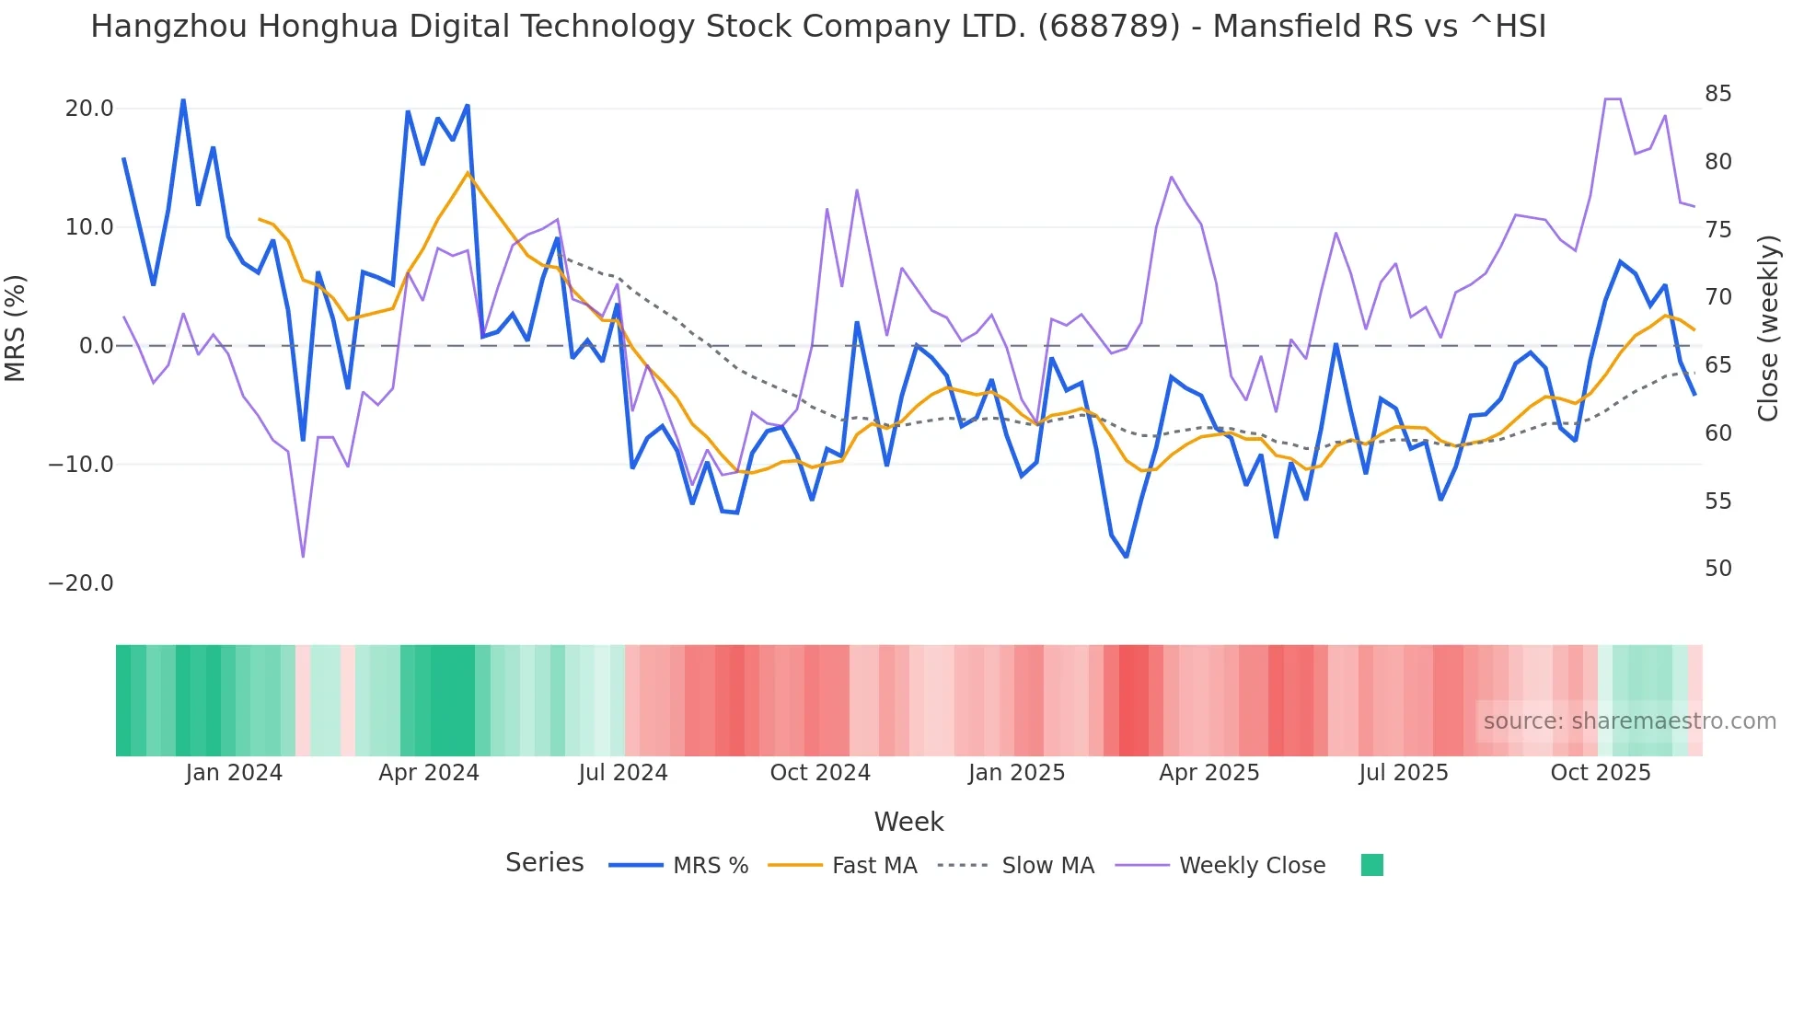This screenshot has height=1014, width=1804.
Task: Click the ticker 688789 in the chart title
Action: (x=1108, y=27)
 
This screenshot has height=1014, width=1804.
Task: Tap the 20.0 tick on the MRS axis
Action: (x=89, y=109)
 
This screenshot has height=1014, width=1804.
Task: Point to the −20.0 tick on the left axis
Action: (x=81, y=583)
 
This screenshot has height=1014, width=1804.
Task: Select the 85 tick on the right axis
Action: (x=1717, y=94)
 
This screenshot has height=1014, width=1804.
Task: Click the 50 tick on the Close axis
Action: (x=1717, y=569)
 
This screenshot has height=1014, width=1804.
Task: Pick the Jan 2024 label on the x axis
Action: (x=234, y=773)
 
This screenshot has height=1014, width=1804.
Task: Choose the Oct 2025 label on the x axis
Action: (x=1601, y=773)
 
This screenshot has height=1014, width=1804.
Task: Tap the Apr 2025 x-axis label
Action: (x=1208, y=773)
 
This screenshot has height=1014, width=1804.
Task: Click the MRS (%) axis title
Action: (x=16, y=328)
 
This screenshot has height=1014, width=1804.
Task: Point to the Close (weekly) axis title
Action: (x=1768, y=328)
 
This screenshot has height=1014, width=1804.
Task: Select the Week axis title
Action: (x=908, y=822)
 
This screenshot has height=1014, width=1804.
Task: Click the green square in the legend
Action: (x=1371, y=865)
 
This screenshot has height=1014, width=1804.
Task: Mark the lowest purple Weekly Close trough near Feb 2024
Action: (x=303, y=557)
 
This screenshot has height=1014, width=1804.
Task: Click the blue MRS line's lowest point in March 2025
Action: (x=1126, y=557)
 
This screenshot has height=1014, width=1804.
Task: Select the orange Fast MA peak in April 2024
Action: (x=468, y=172)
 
